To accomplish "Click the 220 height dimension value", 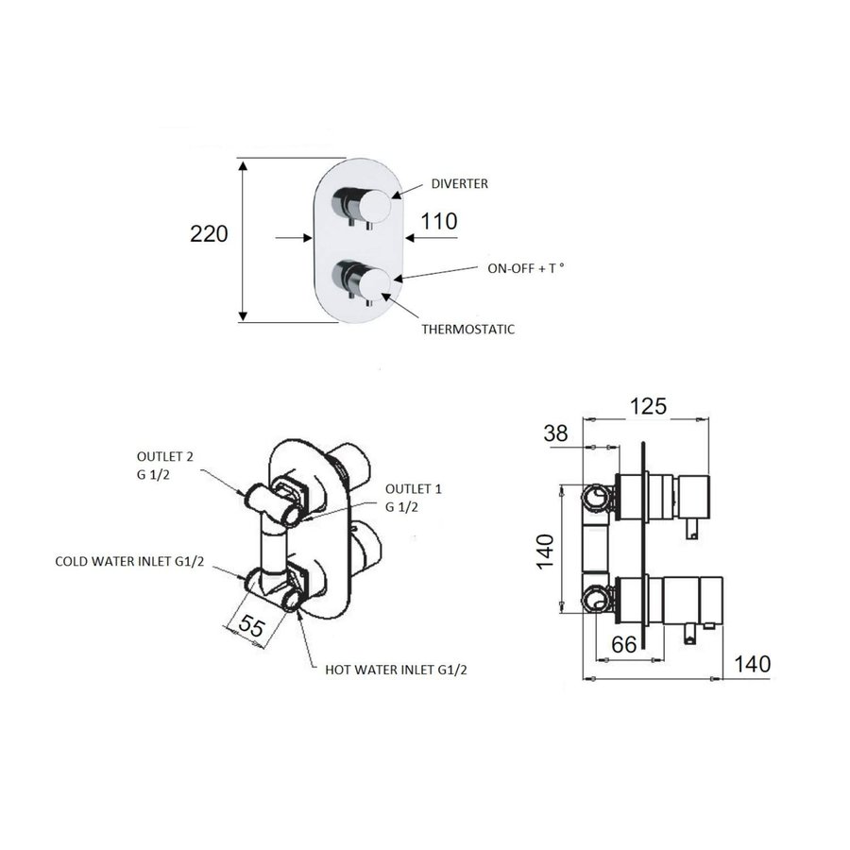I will [x=210, y=233].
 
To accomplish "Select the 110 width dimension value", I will [x=439, y=222].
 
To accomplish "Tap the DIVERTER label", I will [x=459, y=184].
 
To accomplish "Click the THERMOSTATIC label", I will [x=468, y=330].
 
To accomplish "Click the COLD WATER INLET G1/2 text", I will [x=133, y=561].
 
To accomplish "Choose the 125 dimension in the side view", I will [x=649, y=405].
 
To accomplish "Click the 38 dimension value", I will [x=558, y=433].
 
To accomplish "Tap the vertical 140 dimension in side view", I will [x=546, y=547].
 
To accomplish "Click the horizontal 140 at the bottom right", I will [x=752, y=664].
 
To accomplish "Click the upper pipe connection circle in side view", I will [x=595, y=496].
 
